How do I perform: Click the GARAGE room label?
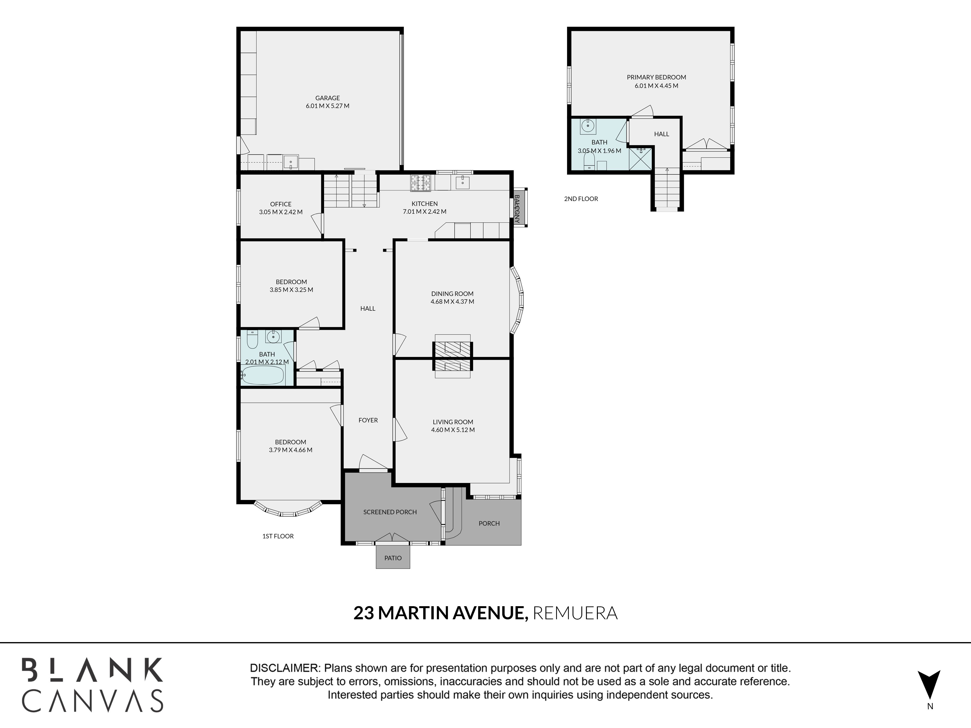coord(327,98)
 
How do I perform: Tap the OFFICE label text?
coord(281,204)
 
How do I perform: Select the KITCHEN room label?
coord(425,204)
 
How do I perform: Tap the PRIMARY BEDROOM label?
coord(656,77)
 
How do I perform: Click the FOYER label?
coord(368,420)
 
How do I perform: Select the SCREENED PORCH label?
coord(390,512)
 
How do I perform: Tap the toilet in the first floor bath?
coord(252,339)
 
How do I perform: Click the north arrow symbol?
coord(929,684)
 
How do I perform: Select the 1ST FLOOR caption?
coord(278,536)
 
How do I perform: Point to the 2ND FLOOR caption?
coord(581,199)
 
